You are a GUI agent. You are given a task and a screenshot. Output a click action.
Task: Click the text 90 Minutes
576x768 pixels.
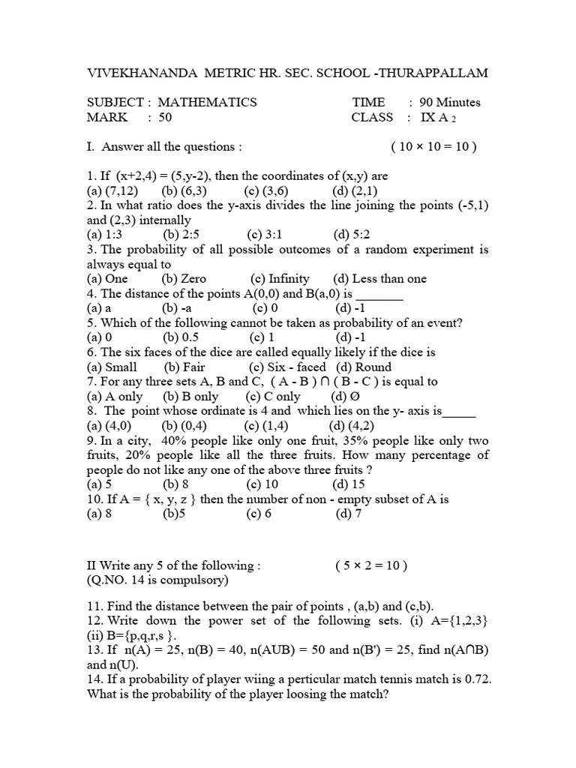pos(450,102)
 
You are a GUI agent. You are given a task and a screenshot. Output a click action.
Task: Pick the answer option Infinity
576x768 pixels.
pos(289,278)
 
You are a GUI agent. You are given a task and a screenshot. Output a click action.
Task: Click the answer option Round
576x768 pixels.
pos(373,367)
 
